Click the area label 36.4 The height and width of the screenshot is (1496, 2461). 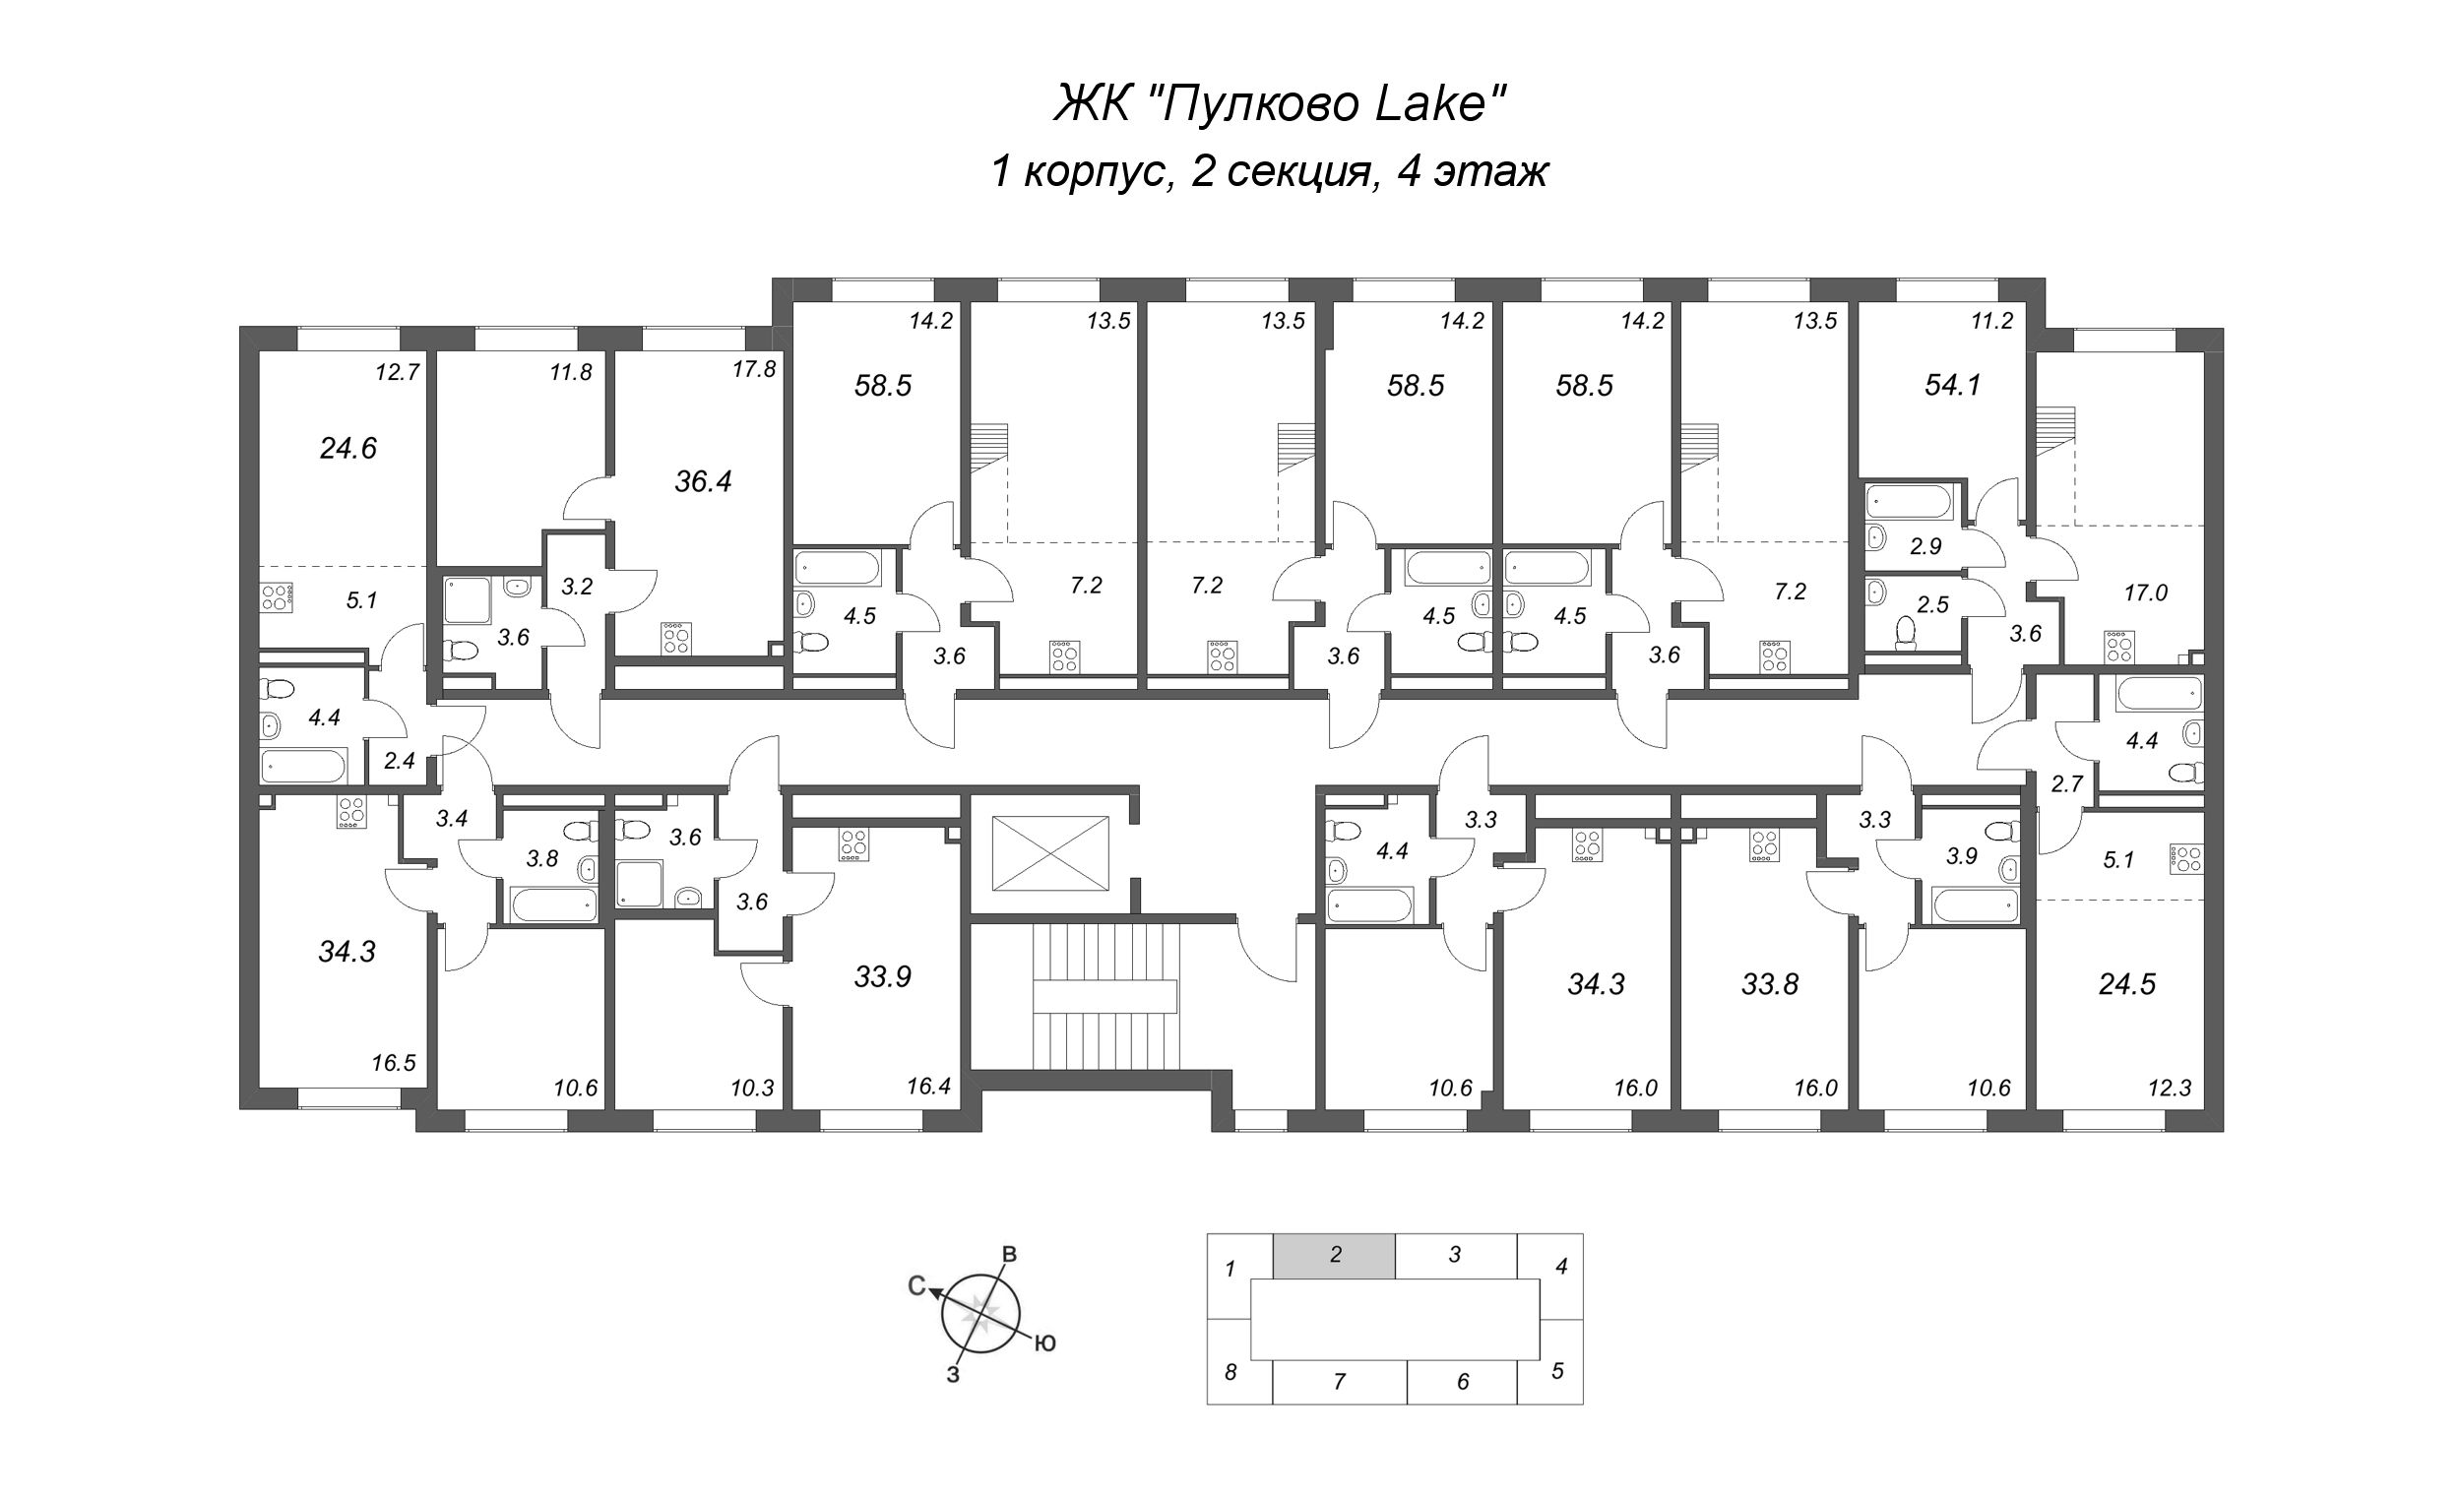click(703, 482)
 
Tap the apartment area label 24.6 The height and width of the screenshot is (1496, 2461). click(347, 450)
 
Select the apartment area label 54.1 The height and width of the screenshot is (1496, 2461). click(1953, 385)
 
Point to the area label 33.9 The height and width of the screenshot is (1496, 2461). click(883, 976)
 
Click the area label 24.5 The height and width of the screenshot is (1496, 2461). click(2127, 983)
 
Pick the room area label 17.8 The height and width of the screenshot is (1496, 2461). click(754, 369)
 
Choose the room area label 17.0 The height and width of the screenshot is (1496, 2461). click(2145, 593)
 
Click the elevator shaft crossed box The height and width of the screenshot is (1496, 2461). click(1050, 853)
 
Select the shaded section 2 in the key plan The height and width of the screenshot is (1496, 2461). click(1335, 1255)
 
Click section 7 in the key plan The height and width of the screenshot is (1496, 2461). click(1340, 1381)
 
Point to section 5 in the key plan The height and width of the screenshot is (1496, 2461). click(1557, 1371)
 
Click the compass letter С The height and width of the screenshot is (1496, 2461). click(916, 1286)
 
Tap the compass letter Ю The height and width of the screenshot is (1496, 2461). click(1043, 1343)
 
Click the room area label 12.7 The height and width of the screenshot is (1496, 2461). click(398, 373)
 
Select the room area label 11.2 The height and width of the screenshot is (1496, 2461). click(1991, 321)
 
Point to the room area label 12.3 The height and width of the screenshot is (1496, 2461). click(2170, 1088)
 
